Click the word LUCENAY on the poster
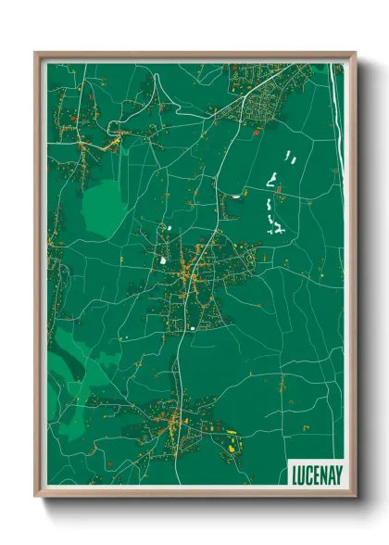(315, 474)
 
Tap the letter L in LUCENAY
(295, 474)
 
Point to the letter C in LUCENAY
(308, 474)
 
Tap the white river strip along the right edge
(334, 120)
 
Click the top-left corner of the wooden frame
(36, 54)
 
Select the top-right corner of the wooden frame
(355, 54)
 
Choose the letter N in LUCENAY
(323, 474)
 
